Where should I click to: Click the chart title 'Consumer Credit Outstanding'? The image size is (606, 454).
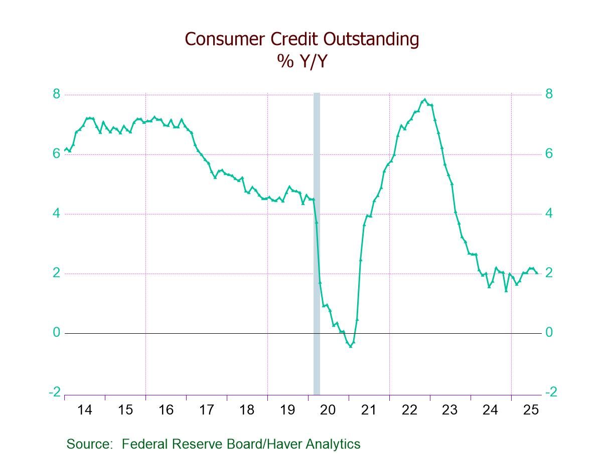coord(301,39)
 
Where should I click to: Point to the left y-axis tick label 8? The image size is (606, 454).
coord(56,94)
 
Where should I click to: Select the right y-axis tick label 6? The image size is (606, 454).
coord(549,154)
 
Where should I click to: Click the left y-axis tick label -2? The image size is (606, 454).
coord(54,392)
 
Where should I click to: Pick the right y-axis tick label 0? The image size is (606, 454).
coord(549,333)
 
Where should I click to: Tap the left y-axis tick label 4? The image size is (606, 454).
coord(56,213)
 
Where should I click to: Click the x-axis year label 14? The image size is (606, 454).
coord(85,410)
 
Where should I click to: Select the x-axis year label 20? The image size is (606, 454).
coord(328,410)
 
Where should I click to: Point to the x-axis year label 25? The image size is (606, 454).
coord(531,410)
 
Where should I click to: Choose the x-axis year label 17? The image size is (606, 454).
coord(206,410)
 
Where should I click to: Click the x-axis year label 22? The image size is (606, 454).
coord(409,410)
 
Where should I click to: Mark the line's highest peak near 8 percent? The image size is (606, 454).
coord(425,99)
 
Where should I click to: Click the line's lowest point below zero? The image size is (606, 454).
coord(350,346)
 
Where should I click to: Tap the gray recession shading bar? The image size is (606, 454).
coord(317,241)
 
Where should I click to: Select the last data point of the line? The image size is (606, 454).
coord(537,273)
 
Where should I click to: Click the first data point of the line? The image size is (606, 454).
coord(65,150)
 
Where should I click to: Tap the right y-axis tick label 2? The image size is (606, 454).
coord(549,273)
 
